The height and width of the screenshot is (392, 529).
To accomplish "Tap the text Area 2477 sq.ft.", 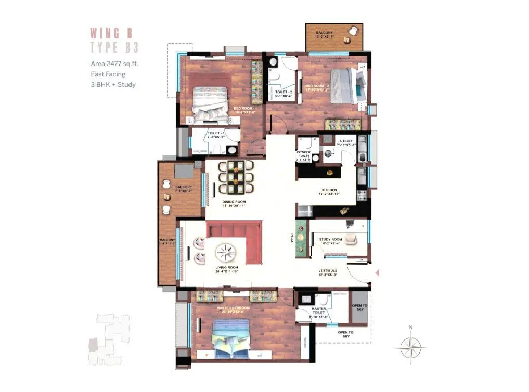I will (x=114, y=64).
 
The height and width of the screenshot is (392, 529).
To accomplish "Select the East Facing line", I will (x=108, y=74).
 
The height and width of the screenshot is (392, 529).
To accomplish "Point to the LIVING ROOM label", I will (x=227, y=268).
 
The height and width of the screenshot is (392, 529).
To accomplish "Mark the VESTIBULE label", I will (x=328, y=271).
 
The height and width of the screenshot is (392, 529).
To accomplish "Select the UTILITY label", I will (x=346, y=141).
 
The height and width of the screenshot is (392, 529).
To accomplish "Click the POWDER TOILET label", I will (x=304, y=155).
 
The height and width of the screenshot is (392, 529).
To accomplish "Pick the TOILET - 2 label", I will (x=283, y=92).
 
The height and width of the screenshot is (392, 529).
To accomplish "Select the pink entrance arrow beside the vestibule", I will (x=378, y=272).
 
